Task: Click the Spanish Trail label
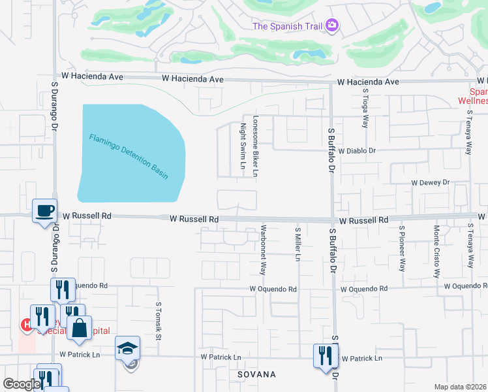[x=287, y=26]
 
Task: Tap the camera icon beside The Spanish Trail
[x=333, y=25]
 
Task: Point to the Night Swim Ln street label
[x=243, y=146]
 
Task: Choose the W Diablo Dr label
[x=358, y=150]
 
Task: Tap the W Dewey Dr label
[x=430, y=184]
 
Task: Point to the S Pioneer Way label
[x=403, y=248]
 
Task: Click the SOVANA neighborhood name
[x=258, y=374]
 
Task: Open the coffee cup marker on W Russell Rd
[x=45, y=211]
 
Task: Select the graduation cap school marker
[x=128, y=348]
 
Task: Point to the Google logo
[x=22, y=384]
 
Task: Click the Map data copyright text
[x=460, y=387]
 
